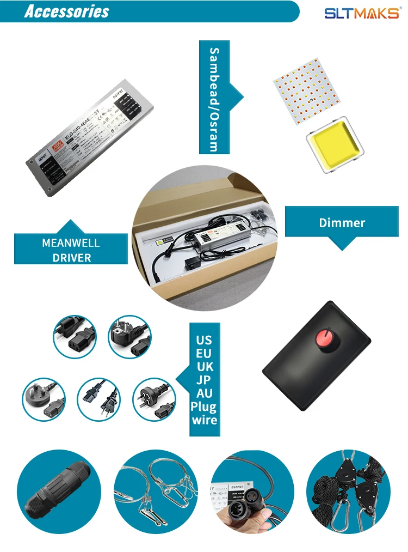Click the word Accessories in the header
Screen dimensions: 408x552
click(66, 12)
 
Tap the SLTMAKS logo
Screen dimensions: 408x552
click(362, 13)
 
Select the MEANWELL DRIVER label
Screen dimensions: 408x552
click(71, 250)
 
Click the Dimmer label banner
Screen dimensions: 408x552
click(342, 222)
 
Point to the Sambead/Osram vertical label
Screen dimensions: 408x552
click(214, 99)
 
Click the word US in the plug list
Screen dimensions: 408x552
click(203, 339)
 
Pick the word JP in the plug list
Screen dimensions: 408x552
click(204, 380)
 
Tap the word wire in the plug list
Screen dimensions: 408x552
click(204, 420)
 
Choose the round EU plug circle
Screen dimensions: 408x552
click(129, 337)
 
